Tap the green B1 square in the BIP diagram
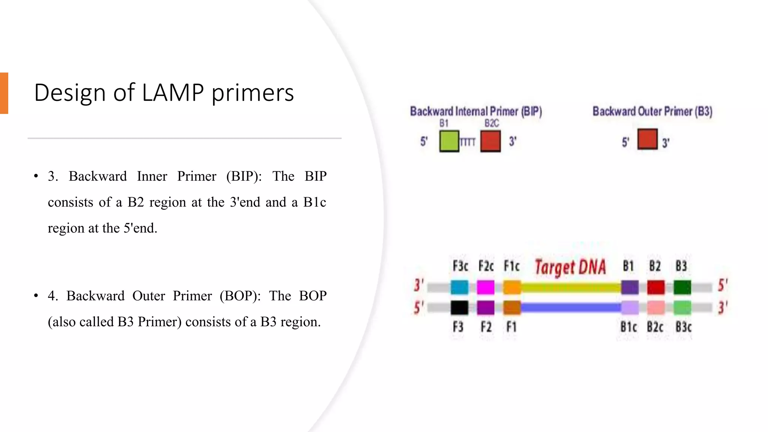[449, 141]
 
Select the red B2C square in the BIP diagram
[490, 141]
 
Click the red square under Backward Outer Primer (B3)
[647, 139]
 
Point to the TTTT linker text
[467, 142]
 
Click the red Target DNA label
[570, 267]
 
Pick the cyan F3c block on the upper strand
[459, 288]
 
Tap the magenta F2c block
[486, 288]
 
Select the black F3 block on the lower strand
[459, 308]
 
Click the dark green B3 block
[682, 288]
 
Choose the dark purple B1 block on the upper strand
[630, 288]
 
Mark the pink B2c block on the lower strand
[656, 308]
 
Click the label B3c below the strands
[683, 327]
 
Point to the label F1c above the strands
[511, 266]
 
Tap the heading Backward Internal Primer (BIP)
[475, 111]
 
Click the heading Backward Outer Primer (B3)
[652, 111]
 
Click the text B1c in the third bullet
[315, 202]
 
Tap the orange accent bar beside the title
[4, 93]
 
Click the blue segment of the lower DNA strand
[570, 308]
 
